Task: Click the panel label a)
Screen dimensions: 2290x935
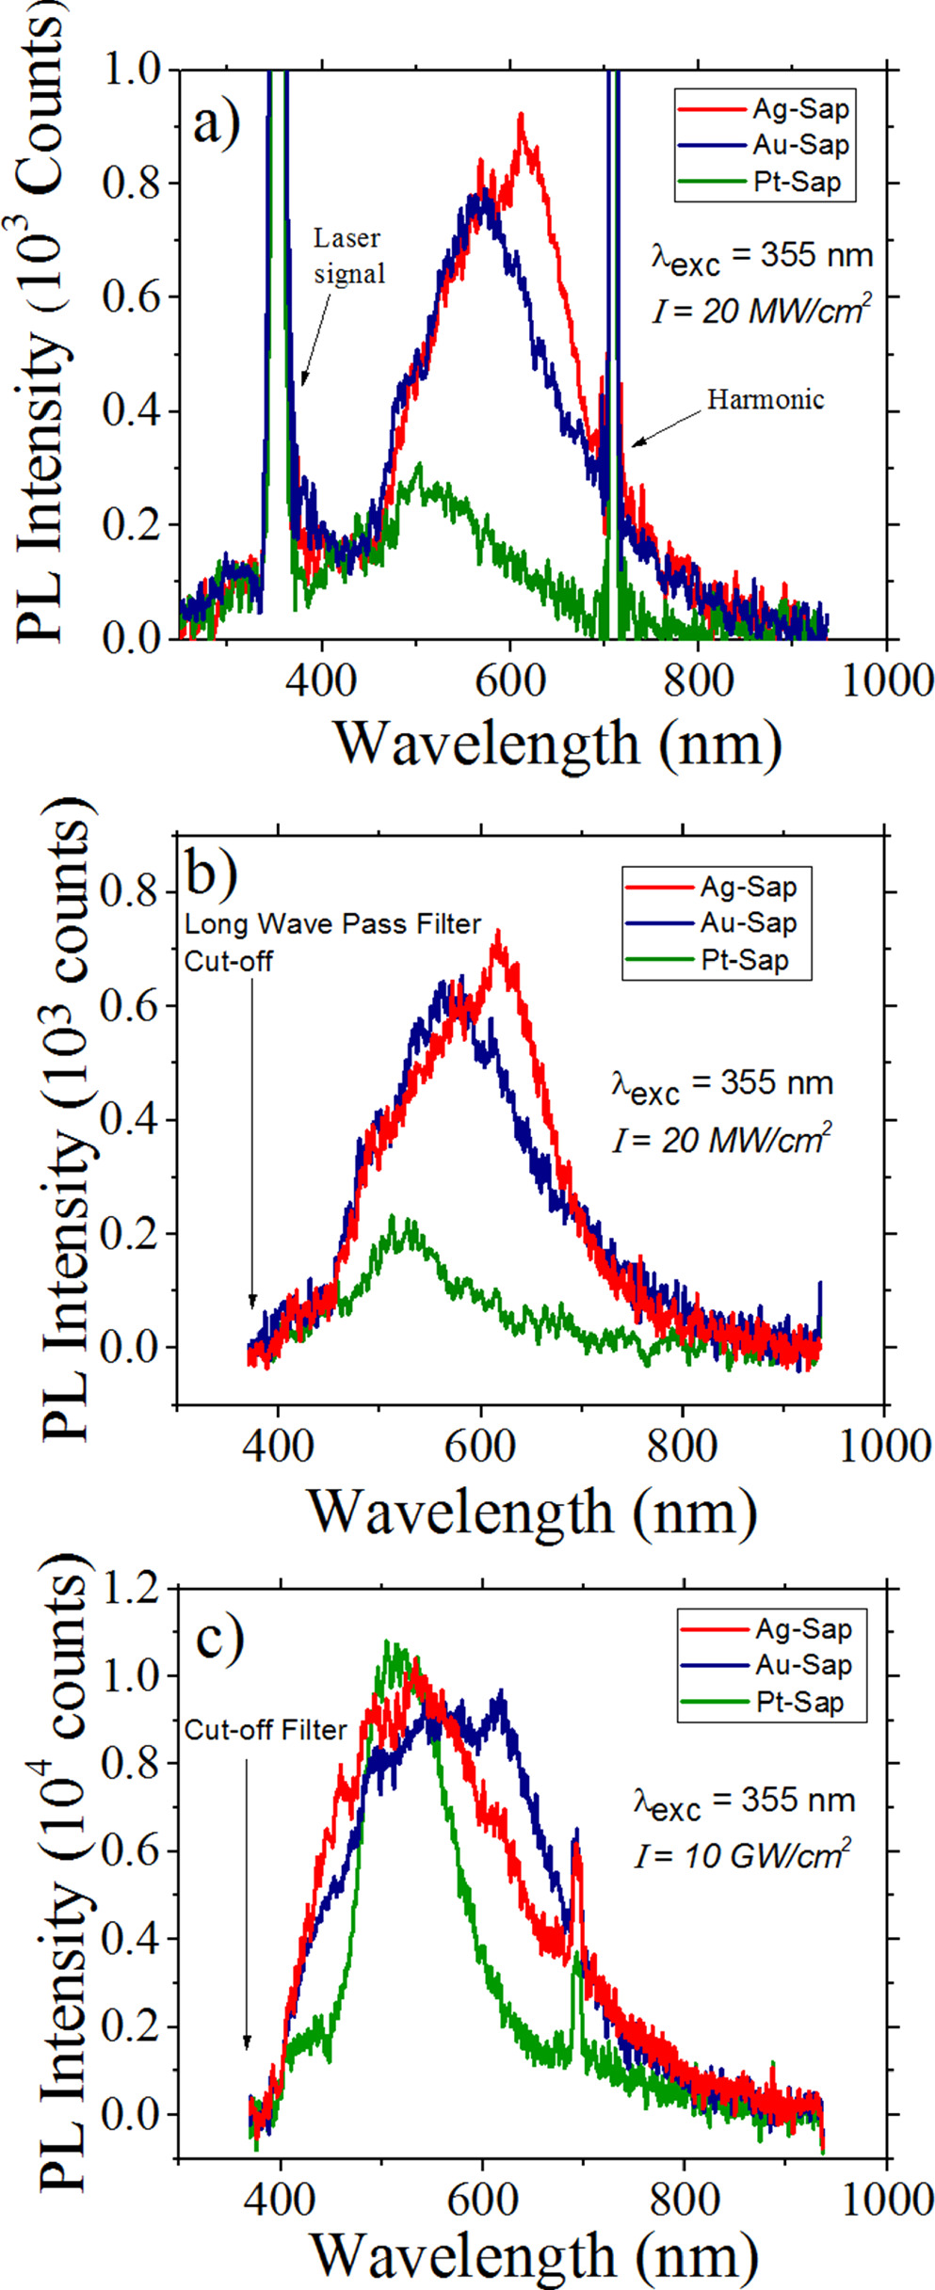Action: [217, 124]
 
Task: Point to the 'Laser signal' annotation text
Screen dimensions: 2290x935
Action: [348, 256]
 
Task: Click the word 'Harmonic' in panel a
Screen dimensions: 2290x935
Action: [765, 400]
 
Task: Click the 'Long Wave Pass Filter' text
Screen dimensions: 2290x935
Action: [332, 924]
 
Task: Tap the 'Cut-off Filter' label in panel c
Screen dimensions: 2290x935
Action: [266, 1730]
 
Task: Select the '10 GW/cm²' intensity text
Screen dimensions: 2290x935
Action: [743, 1855]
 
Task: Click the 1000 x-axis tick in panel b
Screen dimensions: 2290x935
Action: [884, 1446]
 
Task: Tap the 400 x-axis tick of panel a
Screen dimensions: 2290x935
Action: [322, 680]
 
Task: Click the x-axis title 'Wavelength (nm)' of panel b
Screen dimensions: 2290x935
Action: [532, 1513]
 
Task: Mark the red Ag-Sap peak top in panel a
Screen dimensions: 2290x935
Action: [520, 117]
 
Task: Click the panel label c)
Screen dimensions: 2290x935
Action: [219, 1638]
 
